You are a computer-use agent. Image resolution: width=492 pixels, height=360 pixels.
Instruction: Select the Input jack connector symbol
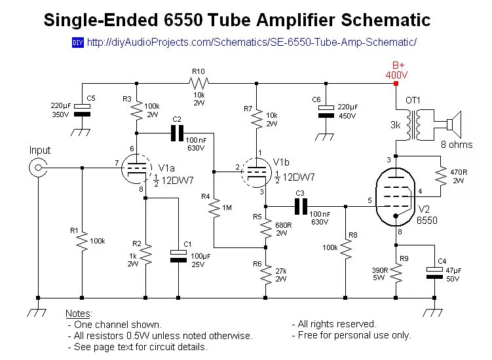coord(39,168)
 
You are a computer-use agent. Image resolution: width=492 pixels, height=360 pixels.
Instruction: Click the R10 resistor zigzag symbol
coord(198,83)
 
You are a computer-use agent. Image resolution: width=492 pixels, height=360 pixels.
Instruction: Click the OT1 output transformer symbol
coord(413,125)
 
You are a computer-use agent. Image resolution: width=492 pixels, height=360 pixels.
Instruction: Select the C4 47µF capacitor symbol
coord(434,272)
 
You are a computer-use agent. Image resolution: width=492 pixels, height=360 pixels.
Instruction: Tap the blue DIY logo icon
coord(77,43)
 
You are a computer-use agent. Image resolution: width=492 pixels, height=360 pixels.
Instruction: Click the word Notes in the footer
coord(79,314)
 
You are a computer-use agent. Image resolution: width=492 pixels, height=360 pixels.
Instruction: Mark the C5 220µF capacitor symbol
coord(81,109)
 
